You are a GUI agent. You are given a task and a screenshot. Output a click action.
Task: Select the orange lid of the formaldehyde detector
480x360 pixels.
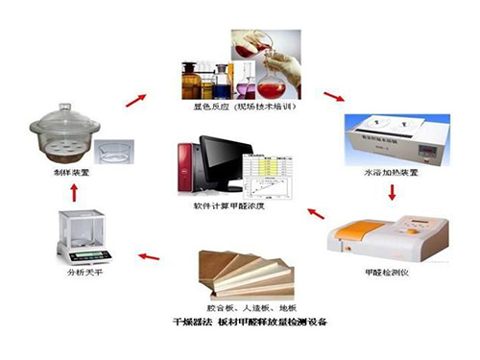359,231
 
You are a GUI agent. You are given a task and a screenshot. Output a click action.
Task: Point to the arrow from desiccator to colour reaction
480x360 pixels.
136,99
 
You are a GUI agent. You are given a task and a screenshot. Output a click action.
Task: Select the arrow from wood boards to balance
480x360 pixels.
150,256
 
